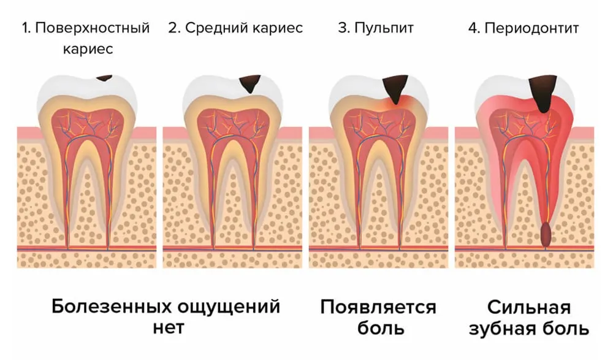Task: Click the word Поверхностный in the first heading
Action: pos(93,28)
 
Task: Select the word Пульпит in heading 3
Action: pos(384,28)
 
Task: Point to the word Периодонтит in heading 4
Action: pos(531,28)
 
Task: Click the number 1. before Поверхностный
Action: pos(26,28)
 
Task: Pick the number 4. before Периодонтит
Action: pos(474,28)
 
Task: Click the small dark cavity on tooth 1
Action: pos(104,79)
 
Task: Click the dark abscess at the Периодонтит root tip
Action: pos(546,235)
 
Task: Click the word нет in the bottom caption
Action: pos(169,328)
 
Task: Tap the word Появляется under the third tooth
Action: pos(378,307)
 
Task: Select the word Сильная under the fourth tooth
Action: pos(528,307)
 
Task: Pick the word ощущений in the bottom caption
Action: pos(229,307)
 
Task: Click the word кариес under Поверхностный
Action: pos(88,49)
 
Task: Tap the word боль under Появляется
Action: pos(381,328)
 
